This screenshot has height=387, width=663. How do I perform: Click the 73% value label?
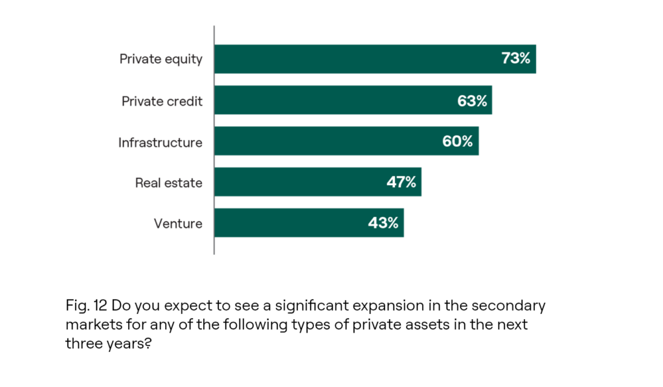tap(515, 59)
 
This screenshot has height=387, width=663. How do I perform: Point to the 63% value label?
tap(472, 100)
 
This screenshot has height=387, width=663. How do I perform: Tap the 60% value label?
tap(458, 141)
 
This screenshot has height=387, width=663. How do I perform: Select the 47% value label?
tap(401, 182)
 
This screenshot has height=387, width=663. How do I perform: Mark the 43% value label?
tap(383, 223)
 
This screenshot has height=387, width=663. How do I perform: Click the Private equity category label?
tap(161, 60)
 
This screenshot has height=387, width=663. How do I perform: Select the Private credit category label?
tap(162, 101)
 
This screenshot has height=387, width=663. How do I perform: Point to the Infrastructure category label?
tap(160, 142)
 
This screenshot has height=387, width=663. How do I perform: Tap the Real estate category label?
tap(168, 183)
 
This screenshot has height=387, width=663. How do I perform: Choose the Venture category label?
tap(178, 224)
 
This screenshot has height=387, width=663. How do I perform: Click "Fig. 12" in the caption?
tap(87, 305)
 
